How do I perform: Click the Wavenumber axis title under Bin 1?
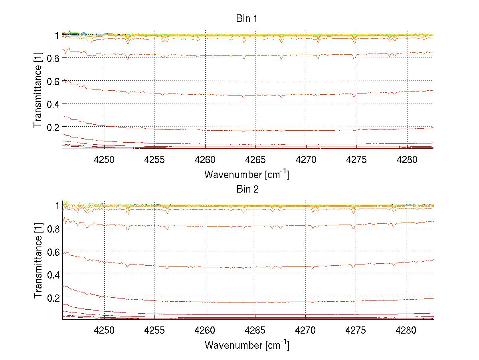coord(247,175)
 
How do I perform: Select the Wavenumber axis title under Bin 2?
coord(247,345)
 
